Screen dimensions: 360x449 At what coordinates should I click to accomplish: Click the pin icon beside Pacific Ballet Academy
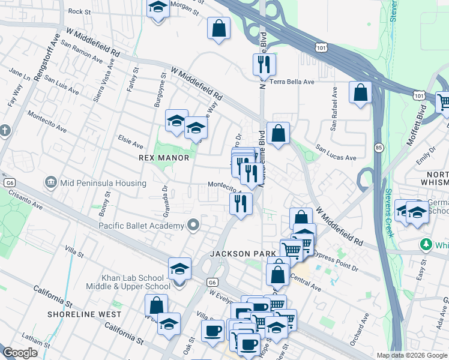pos(193,226)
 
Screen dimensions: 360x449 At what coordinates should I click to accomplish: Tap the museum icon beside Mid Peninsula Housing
pos(50,182)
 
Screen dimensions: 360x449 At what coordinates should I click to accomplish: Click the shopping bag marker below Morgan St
pos(219,28)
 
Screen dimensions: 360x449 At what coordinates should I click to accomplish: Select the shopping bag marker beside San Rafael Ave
pos(360,93)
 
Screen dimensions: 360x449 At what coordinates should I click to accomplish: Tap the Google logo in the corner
pos(20,353)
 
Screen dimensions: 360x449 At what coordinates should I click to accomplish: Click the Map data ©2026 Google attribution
pos(411,355)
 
